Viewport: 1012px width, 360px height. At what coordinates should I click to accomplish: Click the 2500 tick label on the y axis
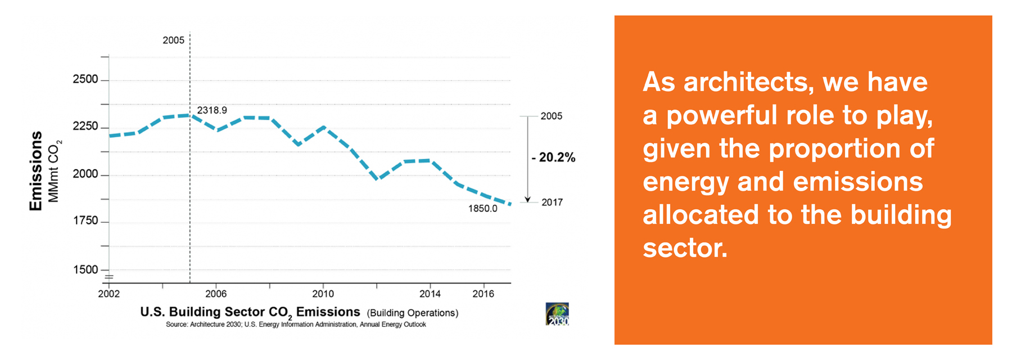click(x=85, y=79)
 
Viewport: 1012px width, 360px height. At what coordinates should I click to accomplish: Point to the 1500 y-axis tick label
click(x=85, y=269)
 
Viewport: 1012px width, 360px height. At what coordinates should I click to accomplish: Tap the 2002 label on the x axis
click(x=109, y=294)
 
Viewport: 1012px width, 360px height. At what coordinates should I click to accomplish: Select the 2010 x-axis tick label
click(x=323, y=294)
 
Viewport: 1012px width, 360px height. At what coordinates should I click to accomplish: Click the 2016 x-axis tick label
click(x=483, y=294)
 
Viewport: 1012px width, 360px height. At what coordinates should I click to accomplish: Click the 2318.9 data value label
click(x=212, y=110)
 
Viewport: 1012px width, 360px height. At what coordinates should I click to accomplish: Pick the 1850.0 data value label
click(x=482, y=209)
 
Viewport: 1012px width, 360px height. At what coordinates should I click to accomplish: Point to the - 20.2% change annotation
click(x=554, y=157)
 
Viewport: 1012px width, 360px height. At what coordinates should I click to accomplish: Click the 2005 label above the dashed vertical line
click(x=173, y=40)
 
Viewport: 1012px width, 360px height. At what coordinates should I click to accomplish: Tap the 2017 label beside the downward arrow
click(x=552, y=202)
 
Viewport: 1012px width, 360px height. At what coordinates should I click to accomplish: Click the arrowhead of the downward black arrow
click(x=527, y=199)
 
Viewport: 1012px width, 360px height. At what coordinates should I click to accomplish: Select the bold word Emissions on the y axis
click(x=36, y=171)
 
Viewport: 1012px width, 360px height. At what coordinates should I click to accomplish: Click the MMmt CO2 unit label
click(x=55, y=171)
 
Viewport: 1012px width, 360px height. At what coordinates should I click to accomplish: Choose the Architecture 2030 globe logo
click(x=557, y=314)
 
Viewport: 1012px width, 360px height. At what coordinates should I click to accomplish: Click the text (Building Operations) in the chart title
click(x=413, y=313)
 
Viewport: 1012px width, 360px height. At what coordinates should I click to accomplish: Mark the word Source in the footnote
click(x=177, y=325)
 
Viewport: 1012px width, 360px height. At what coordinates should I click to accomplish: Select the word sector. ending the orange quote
click(x=685, y=248)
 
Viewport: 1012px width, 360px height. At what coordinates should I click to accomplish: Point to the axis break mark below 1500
click(x=109, y=277)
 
